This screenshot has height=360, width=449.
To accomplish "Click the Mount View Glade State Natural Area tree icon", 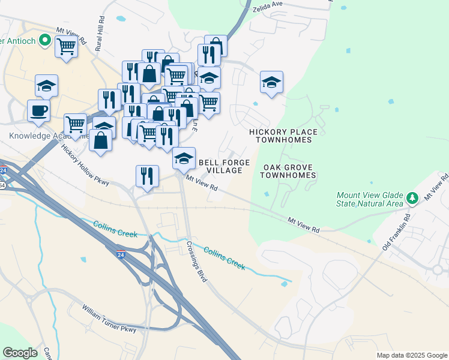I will (x=412, y=197).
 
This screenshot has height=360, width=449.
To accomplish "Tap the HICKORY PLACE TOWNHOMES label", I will (x=283, y=136).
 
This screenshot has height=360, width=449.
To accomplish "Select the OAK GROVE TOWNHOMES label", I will (x=288, y=171).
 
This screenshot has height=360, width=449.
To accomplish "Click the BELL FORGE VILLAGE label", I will (x=220, y=166).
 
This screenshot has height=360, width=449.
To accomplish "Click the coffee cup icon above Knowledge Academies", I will (x=38, y=111).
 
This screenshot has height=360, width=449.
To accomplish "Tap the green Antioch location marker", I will (x=44, y=40).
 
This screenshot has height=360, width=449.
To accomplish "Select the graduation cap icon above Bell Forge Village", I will (x=184, y=158).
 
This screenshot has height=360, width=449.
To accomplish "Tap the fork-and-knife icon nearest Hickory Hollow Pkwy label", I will (x=147, y=176).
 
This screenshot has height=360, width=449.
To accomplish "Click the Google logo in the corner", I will (x=20, y=353).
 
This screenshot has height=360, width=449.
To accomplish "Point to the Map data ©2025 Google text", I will (x=411, y=355).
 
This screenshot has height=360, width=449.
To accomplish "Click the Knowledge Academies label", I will (x=48, y=136).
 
